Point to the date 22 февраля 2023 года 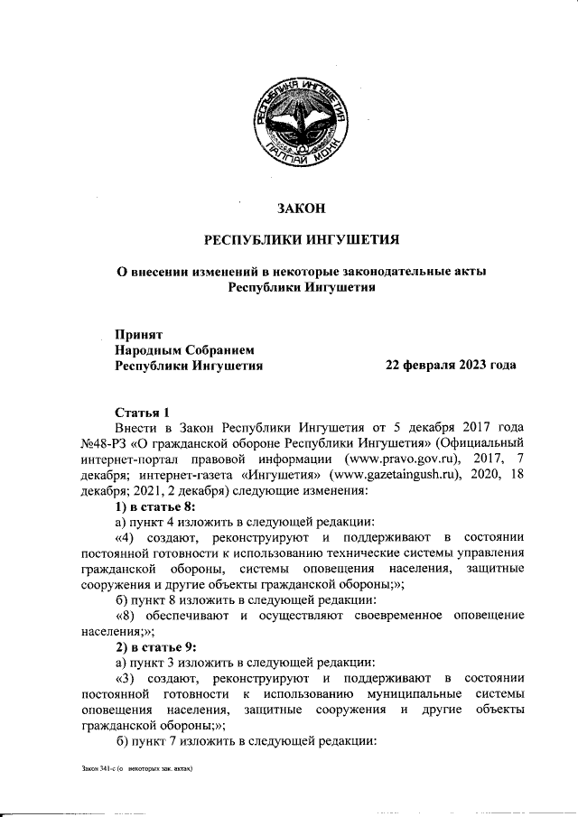[x=451, y=366]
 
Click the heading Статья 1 [x=142, y=411]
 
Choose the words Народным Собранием [x=185, y=349]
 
